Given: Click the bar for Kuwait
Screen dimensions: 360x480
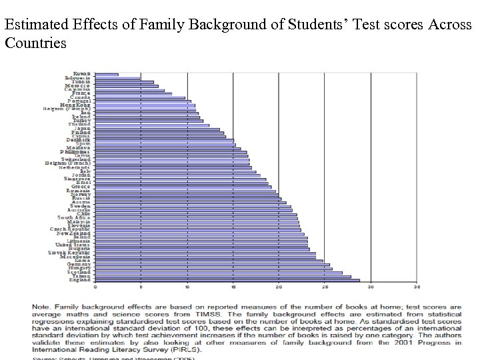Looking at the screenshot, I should click(107, 74).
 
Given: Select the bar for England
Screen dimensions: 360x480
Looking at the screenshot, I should click(227, 280).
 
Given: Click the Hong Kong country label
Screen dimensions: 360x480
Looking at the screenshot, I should click(77, 105).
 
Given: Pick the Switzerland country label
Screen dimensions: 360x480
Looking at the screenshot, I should click(76, 159).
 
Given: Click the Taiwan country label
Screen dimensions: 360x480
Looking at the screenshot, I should click(83, 276).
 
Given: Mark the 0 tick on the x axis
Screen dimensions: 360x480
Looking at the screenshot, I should click(95, 288).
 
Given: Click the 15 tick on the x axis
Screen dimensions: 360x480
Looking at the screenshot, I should click(233, 288).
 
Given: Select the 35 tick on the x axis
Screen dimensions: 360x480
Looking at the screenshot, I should click(417, 288).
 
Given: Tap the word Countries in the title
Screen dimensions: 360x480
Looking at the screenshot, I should click(35, 44).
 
